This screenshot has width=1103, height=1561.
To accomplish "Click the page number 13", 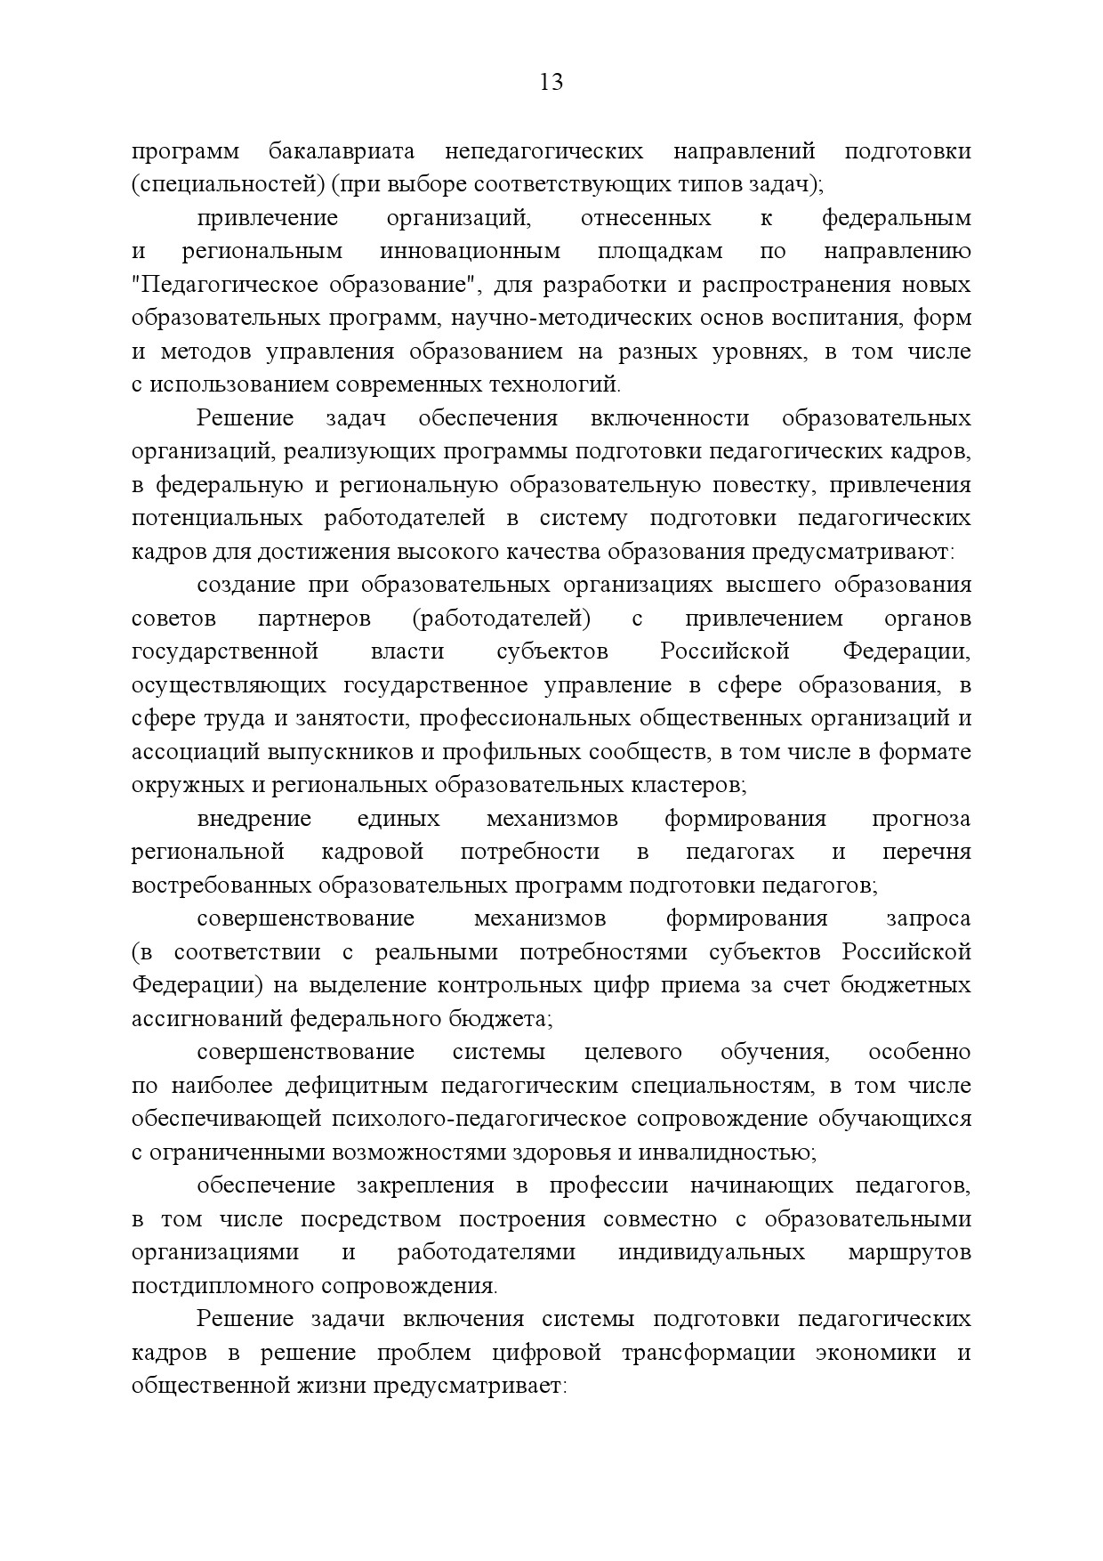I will [551, 83].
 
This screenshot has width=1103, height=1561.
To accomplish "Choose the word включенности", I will [669, 419].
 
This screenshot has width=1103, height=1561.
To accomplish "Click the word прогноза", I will [921, 819].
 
